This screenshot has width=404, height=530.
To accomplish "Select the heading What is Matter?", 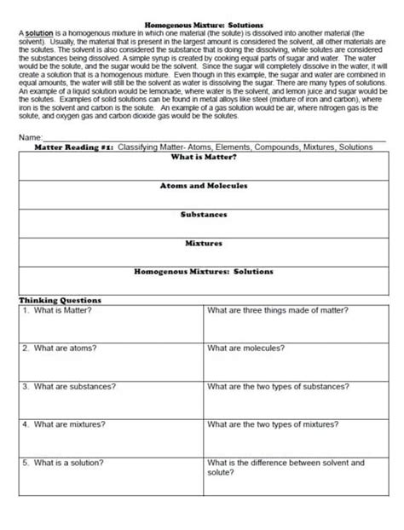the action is pyautogui.click(x=204, y=157).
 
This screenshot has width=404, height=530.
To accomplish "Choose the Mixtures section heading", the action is pyautogui.click(x=204, y=243).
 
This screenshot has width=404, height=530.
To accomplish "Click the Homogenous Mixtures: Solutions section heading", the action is pyautogui.click(x=204, y=272).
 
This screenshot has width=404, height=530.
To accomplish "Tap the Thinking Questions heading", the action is pyautogui.click(x=60, y=300).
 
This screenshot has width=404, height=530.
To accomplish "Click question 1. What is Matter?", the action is pyautogui.click(x=57, y=310).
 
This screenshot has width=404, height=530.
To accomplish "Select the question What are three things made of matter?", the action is pyautogui.click(x=278, y=310).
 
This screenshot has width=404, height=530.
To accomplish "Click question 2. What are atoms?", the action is pyautogui.click(x=60, y=348).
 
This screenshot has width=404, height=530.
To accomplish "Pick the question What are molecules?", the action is pyautogui.click(x=245, y=348).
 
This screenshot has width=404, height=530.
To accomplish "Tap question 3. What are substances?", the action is pyautogui.click(x=69, y=386).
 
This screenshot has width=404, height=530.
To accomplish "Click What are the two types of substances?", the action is pyautogui.click(x=278, y=386).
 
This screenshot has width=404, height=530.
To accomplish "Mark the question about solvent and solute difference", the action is pyautogui.click(x=285, y=467).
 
